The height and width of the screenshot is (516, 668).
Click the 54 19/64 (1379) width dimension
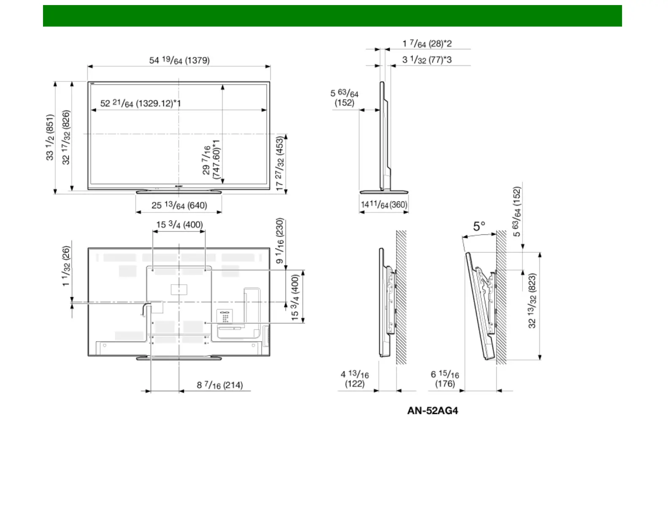pos(179,60)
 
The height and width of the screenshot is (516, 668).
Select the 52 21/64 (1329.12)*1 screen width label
pos(140,103)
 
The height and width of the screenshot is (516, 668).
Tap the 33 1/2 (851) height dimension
pos(50,137)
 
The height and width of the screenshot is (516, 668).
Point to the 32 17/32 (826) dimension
pos(66,137)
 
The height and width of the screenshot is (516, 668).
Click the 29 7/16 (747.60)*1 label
pos(212,159)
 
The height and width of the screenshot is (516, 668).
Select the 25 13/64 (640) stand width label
pos(179,205)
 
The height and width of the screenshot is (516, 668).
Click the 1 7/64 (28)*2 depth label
pos(427,44)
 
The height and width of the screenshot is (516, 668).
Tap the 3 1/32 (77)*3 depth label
pos(427,59)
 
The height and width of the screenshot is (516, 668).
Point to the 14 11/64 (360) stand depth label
pos(384,204)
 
